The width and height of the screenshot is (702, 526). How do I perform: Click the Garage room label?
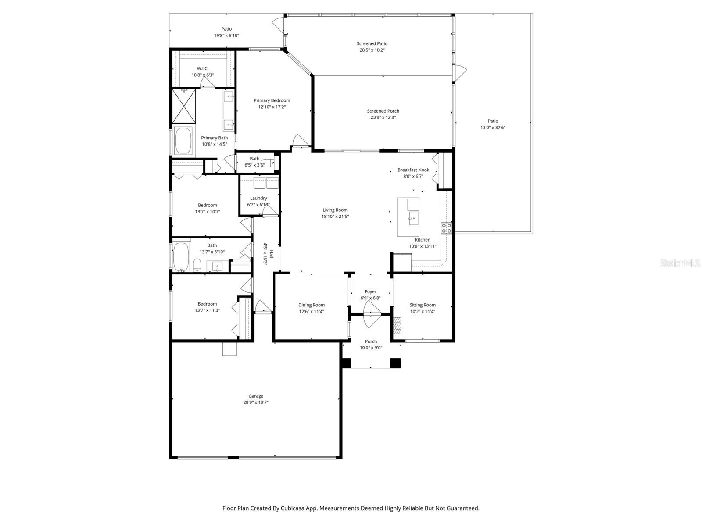point(255,396)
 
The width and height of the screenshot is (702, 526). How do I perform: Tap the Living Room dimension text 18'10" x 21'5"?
point(335,216)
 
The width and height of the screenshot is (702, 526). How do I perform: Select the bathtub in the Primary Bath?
point(183,141)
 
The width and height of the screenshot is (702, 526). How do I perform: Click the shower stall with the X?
point(184,106)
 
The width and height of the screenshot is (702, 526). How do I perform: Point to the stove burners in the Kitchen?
point(446,228)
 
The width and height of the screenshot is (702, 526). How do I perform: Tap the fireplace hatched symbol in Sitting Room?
point(397,325)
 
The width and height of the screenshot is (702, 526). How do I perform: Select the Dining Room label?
point(311,305)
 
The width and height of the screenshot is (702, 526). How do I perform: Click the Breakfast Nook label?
point(413,170)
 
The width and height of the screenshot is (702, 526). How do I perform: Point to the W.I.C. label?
point(202,68)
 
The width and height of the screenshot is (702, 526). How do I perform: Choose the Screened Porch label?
point(383,111)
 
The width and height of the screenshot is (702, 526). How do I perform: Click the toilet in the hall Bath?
point(197,265)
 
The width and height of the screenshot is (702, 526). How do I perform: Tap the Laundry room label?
point(258,198)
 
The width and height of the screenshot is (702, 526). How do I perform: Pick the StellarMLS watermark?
point(680,263)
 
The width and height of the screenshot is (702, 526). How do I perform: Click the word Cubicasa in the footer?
point(293,508)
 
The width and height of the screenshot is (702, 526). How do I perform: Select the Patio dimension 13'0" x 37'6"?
point(493,128)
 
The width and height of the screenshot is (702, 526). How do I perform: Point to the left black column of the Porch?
point(346,363)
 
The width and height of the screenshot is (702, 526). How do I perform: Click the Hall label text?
point(271,254)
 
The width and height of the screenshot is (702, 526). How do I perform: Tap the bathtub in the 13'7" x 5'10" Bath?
point(181,257)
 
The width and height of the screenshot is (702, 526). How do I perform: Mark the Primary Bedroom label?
point(272,100)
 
